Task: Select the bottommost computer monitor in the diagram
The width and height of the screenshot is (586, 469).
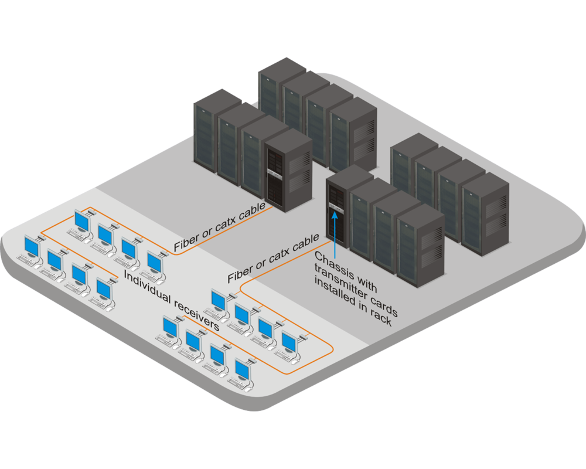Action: [x=243, y=369]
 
